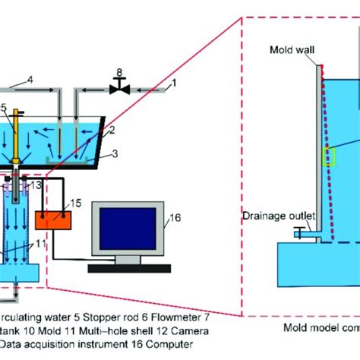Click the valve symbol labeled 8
click(x=119, y=89)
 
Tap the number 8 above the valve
click(x=119, y=74)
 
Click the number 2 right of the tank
click(x=112, y=131)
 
